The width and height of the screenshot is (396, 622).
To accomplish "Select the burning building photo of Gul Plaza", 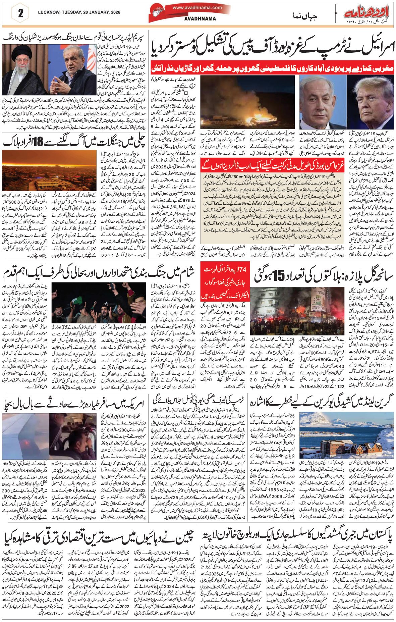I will (296, 308).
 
